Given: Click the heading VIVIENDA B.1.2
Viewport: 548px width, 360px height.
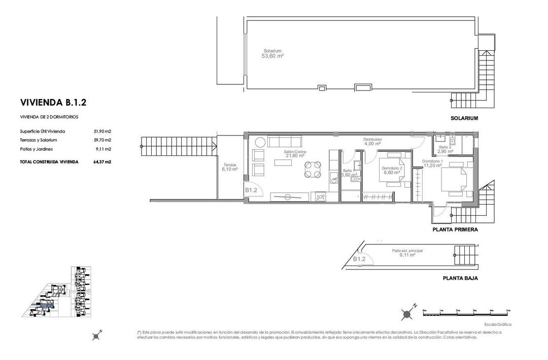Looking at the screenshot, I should pyautogui.click(x=53, y=103).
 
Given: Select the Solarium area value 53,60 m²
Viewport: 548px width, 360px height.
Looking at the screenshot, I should pyautogui.click(x=272, y=56).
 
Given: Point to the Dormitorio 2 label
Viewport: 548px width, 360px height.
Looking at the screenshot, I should pyautogui.click(x=392, y=168).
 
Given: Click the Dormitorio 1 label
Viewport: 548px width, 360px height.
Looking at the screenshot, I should pyautogui.click(x=432, y=161).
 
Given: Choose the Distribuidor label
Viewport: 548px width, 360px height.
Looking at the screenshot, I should pyautogui.click(x=372, y=139).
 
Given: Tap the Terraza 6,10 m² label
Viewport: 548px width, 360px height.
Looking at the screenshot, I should pyautogui.click(x=229, y=167).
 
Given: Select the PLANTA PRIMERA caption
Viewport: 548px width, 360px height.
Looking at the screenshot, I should pyautogui.click(x=455, y=230).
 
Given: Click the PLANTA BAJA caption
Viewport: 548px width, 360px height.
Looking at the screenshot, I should pyautogui.click(x=460, y=278).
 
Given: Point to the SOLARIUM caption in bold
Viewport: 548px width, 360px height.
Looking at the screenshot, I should pyautogui.click(x=464, y=118).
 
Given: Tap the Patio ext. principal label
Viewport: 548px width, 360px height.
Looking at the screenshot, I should pyautogui.click(x=407, y=251).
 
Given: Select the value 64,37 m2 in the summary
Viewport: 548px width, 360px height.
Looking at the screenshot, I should pyautogui.click(x=102, y=162).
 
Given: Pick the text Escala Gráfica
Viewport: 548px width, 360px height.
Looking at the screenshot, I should pyautogui.click(x=498, y=324).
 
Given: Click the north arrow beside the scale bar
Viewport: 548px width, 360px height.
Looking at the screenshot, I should pyautogui.click(x=407, y=314).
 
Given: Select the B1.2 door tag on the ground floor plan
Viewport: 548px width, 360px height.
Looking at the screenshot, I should pyautogui.click(x=359, y=259).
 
